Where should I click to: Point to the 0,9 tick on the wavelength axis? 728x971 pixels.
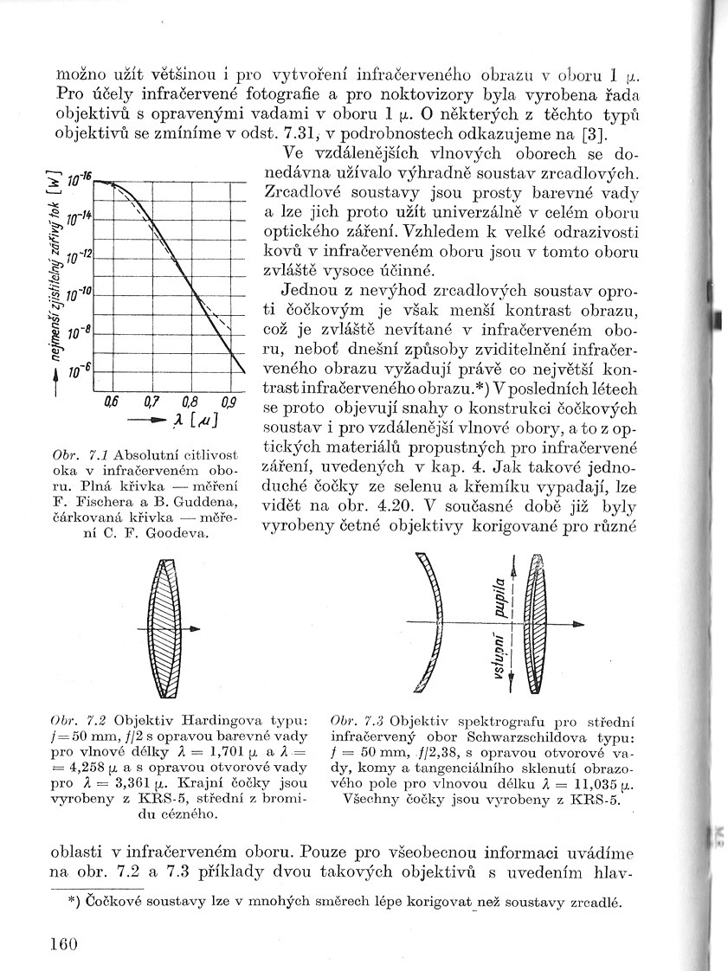[x=229, y=401]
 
